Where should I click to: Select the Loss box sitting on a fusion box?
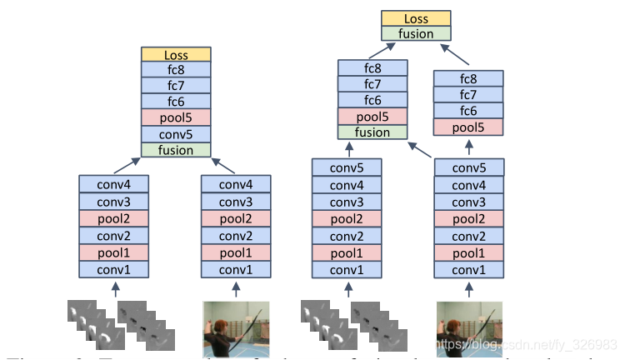[x=416, y=19]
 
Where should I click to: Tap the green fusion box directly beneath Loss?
[x=416, y=34]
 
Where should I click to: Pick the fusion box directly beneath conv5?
[x=176, y=150]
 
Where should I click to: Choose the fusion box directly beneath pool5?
[x=372, y=132]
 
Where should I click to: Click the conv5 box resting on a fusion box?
[x=176, y=134]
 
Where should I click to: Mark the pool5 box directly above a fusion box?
[x=372, y=116]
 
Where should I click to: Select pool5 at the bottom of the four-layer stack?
[x=468, y=127]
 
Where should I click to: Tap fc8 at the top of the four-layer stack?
[x=468, y=79]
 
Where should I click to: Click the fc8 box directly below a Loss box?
[x=176, y=71]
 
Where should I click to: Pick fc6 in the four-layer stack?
[x=468, y=111]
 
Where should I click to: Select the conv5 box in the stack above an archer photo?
[x=468, y=167]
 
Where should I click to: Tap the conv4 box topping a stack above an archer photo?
[x=236, y=183]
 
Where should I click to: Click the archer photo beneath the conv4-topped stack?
[x=237, y=326]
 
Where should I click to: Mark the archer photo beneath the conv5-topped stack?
[x=468, y=326]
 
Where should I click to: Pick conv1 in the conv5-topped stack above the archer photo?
[x=468, y=270]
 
